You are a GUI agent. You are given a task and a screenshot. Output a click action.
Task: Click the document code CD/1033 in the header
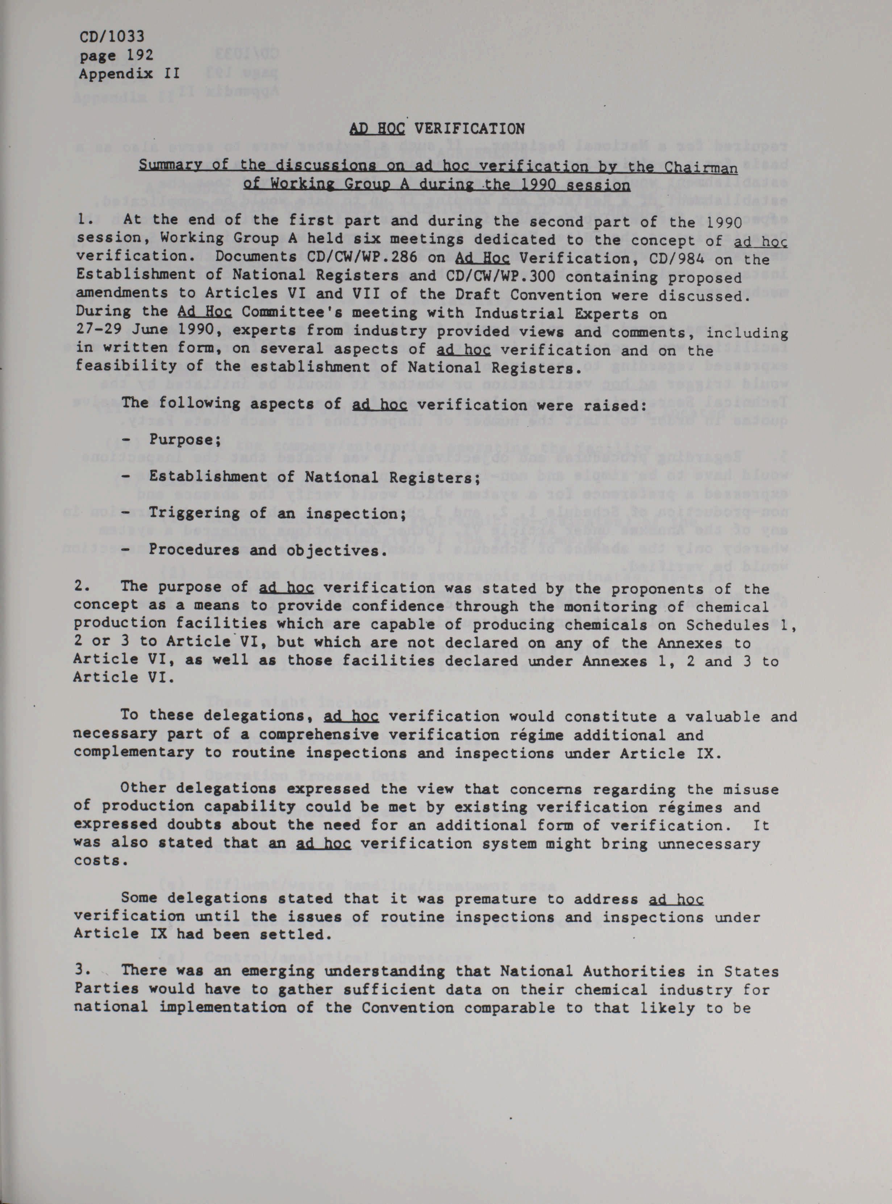point(112,36)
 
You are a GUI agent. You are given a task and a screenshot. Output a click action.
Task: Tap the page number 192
point(137,55)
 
